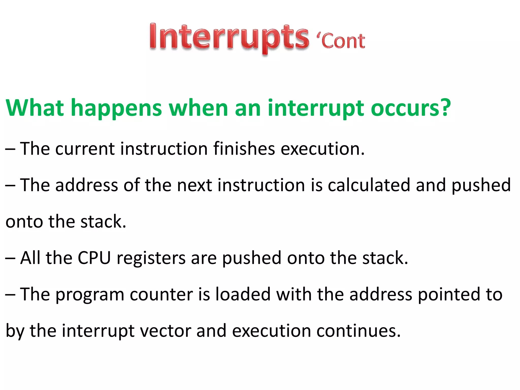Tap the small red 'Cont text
(340, 41)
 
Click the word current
(85, 149)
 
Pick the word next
(194, 185)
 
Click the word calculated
(368, 185)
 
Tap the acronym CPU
(94, 258)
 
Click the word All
(30, 258)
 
